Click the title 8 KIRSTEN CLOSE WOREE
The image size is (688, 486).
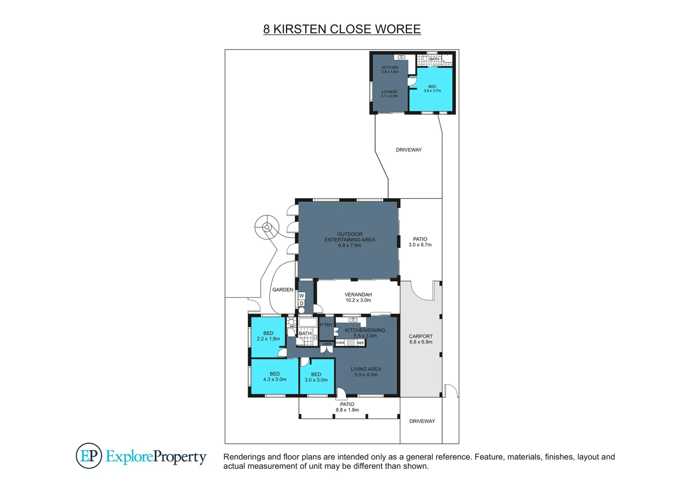[x=342, y=29]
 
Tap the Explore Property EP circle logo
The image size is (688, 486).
[x=89, y=455]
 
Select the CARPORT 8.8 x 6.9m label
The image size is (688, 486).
[x=421, y=339]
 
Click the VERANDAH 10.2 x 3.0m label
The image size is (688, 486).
[x=358, y=297]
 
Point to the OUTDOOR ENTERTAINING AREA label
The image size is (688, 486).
[x=349, y=240]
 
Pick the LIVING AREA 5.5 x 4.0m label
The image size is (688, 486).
[x=366, y=372]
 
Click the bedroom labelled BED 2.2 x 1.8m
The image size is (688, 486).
[x=268, y=336]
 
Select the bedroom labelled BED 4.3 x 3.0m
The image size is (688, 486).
[x=275, y=377]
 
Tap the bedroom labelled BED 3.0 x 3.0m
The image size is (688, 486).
[x=316, y=377]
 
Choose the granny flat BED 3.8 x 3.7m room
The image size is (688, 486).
[x=432, y=89]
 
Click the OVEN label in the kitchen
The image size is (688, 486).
[x=340, y=343]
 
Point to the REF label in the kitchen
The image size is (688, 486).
[x=361, y=343]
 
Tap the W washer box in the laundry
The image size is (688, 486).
[x=302, y=296]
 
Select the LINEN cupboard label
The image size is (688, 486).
[x=327, y=344]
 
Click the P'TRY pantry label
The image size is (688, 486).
[x=326, y=325]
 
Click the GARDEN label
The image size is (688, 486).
[x=283, y=290]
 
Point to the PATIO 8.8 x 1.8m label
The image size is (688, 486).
[x=347, y=407]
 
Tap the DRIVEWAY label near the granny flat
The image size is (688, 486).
[x=409, y=150]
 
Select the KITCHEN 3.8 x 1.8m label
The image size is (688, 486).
[x=390, y=69]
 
